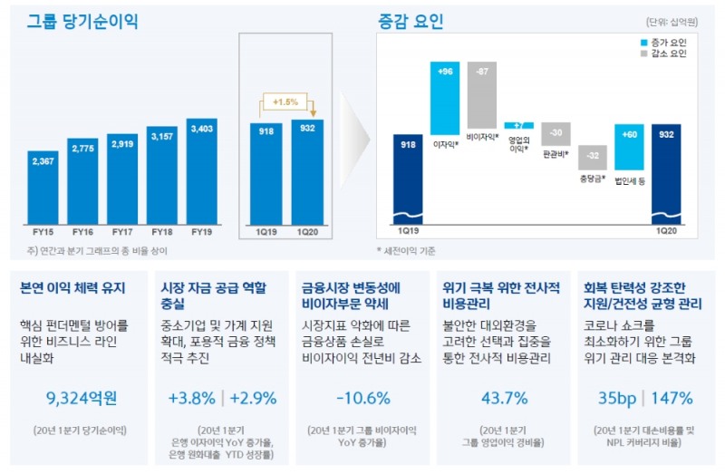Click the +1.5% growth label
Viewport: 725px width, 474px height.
286,102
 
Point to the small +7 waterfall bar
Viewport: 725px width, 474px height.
518,125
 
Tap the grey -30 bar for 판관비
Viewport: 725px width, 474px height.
556,133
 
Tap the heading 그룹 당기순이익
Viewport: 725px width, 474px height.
82,19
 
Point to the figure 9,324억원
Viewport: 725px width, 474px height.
82,397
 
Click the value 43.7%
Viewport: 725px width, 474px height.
504,397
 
